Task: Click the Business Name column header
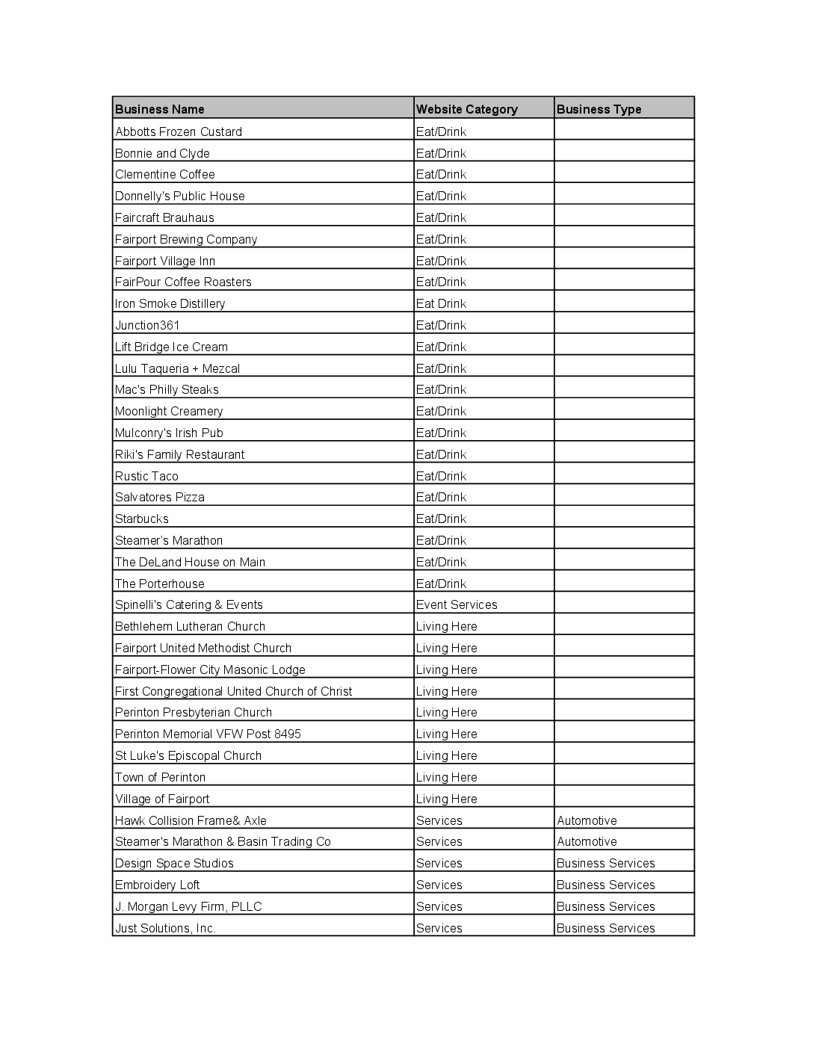pos(160,109)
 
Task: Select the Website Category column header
pos(466,109)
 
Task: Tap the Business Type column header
pos(599,109)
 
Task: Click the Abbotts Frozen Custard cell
pos(179,131)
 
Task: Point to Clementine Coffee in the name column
pos(165,174)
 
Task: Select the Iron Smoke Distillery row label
pos(170,303)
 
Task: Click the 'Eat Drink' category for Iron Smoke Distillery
pos(441,303)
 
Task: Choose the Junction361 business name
pos(147,325)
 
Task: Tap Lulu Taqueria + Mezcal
pos(177,368)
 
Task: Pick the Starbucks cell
pos(142,519)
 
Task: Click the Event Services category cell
pos(457,604)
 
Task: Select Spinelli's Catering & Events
pos(188,604)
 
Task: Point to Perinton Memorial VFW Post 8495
pos(208,734)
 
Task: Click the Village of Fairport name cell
pos(162,799)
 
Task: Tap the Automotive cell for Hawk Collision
pos(587,820)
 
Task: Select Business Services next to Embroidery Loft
pos(605,885)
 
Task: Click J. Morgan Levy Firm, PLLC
pos(188,906)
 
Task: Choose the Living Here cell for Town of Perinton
pos(446,777)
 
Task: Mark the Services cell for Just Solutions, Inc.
pos(439,928)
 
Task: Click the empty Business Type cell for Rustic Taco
pos(624,476)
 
